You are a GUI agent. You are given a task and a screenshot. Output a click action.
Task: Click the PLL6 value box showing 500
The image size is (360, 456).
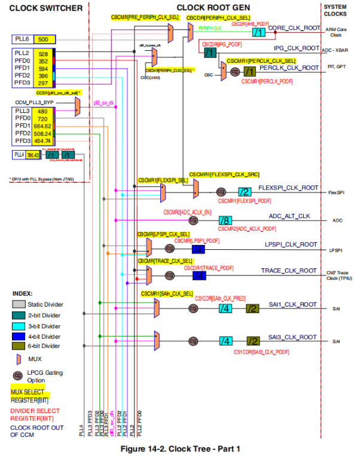pyautogui.click(x=43, y=39)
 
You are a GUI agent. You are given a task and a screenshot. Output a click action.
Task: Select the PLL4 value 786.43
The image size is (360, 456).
pyautogui.click(x=33, y=155)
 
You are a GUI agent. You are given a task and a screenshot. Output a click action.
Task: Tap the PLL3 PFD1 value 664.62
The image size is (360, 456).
pyautogui.click(x=43, y=126)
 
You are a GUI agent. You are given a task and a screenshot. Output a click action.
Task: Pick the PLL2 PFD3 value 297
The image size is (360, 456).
pyautogui.click(x=43, y=83)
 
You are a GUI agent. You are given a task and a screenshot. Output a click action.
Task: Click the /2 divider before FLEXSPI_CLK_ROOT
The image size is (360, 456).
pyautogui.click(x=245, y=192)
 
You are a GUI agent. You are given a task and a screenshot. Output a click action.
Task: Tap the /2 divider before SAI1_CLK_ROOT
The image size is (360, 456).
pyautogui.click(x=253, y=308)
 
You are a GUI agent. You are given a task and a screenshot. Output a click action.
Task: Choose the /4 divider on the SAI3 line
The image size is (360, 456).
pyautogui.click(x=225, y=341)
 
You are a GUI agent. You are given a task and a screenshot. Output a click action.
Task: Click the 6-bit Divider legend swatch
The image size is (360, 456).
pyautogui.click(x=20, y=345)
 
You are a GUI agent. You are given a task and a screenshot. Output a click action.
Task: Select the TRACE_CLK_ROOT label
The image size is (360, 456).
pyautogui.click(x=289, y=271)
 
